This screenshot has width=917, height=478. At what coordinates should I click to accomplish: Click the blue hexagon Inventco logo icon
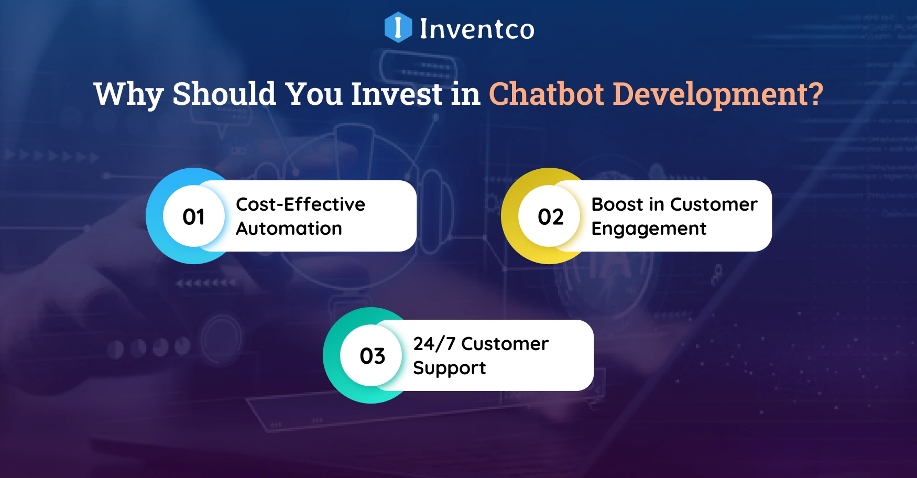click(398, 27)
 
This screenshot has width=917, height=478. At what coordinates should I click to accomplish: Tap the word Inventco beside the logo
click(477, 29)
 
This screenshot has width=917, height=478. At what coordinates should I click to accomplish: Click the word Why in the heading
click(128, 95)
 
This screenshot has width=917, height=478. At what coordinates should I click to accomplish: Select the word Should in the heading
click(224, 94)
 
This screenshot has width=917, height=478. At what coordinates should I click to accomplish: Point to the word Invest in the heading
click(397, 94)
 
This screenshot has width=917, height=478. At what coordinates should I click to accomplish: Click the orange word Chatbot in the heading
click(547, 94)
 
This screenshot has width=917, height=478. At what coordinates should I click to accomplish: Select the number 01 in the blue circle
click(194, 216)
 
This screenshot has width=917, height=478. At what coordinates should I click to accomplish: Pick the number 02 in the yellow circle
click(550, 216)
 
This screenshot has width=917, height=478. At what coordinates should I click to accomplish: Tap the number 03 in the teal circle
click(373, 356)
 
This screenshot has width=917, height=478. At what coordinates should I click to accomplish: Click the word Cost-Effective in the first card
click(300, 204)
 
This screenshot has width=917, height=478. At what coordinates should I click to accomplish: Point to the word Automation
click(289, 229)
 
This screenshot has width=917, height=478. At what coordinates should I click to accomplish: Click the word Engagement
click(649, 229)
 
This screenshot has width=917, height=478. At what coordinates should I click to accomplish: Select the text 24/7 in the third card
click(434, 344)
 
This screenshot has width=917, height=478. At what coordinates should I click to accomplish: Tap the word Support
click(450, 368)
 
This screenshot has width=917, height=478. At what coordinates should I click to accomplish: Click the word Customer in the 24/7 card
click(505, 344)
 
